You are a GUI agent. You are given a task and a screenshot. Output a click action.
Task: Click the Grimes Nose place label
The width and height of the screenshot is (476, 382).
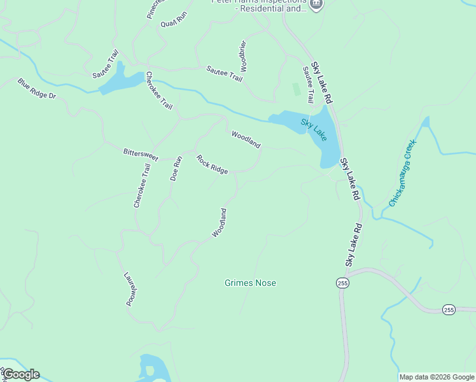[250, 283]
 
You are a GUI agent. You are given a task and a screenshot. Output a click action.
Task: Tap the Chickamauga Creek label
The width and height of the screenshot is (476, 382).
[402, 173]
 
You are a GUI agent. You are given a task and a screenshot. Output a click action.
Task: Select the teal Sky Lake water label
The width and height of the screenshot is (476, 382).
[314, 129]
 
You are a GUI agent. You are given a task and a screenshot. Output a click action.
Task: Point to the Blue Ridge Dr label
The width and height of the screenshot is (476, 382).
[37, 88]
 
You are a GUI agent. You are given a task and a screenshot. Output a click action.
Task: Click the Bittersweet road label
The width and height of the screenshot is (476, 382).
[140, 153]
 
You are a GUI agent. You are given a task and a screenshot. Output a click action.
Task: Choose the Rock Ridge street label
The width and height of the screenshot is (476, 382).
[212, 164]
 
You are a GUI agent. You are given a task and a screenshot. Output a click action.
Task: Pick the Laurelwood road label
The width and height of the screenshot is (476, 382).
[130, 290]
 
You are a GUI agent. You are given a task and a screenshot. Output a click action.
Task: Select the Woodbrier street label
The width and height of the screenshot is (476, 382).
[243, 55]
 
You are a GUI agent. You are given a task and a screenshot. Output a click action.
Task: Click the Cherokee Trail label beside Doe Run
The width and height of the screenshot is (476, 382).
[142, 185]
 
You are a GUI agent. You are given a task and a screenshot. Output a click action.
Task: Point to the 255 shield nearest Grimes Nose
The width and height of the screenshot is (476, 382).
[343, 283]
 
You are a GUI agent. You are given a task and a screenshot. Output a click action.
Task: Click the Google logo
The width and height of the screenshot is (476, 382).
[21, 374]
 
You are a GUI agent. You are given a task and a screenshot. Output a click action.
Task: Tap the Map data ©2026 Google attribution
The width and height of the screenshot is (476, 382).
[437, 377]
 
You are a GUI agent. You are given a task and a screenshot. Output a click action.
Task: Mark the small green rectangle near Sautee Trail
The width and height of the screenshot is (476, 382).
[295, 89]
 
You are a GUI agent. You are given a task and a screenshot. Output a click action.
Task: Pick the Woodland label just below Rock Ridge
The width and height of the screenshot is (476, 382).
[219, 223]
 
